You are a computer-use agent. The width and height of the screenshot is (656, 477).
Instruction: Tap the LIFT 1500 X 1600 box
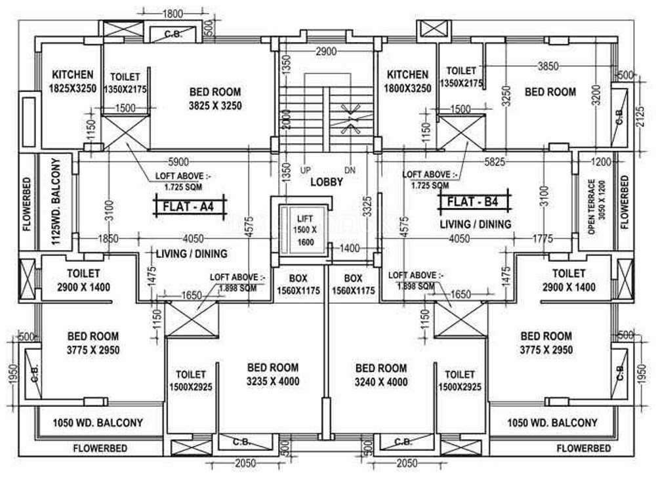(x=304, y=230)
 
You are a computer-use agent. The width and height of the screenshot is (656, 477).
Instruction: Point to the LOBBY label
(x=326, y=182)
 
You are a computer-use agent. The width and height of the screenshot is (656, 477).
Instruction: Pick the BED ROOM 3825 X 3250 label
(x=215, y=98)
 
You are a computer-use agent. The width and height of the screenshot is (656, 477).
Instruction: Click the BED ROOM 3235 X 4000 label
(x=272, y=375)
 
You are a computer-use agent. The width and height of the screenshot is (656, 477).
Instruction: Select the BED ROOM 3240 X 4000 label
(x=381, y=375)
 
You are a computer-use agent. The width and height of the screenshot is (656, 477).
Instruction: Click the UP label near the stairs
(x=305, y=170)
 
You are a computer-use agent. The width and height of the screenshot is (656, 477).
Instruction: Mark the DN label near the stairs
(x=350, y=170)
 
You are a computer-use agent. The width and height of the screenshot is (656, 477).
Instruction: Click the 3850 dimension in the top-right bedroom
(x=548, y=66)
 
